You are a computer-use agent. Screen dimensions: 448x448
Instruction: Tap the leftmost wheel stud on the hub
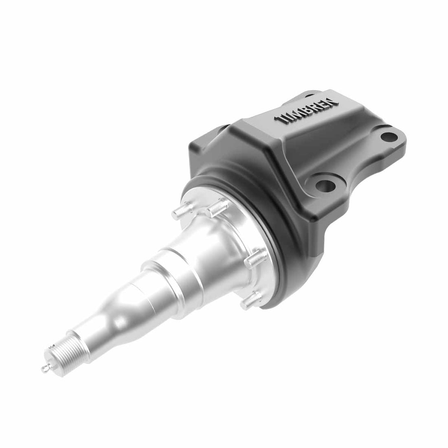(x=180, y=209)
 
